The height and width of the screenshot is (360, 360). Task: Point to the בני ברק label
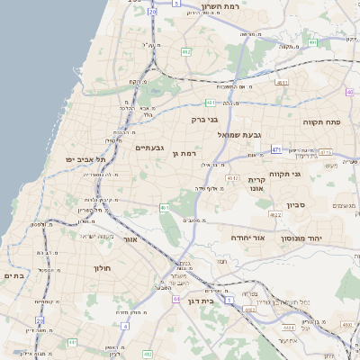point(205,118)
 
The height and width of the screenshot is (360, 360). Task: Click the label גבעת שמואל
point(239,134)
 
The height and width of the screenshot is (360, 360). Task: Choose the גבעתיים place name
point(147,147)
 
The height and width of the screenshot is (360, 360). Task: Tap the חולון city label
point(101,267)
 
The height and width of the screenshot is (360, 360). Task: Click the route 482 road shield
point(185,52)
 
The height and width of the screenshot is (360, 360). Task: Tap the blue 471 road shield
point(276,149)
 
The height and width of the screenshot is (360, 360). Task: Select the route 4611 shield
point(282,82)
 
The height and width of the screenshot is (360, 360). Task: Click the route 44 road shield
point(176,298)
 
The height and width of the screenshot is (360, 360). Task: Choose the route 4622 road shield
point(275,213)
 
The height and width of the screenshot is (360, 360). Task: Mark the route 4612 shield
point(233,178)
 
